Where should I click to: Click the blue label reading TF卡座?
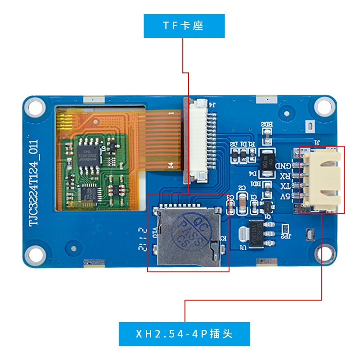[184, 26]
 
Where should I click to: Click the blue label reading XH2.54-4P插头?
[184, 334]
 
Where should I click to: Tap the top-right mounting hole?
[323, 106]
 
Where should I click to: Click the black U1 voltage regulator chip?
[258, 233]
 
